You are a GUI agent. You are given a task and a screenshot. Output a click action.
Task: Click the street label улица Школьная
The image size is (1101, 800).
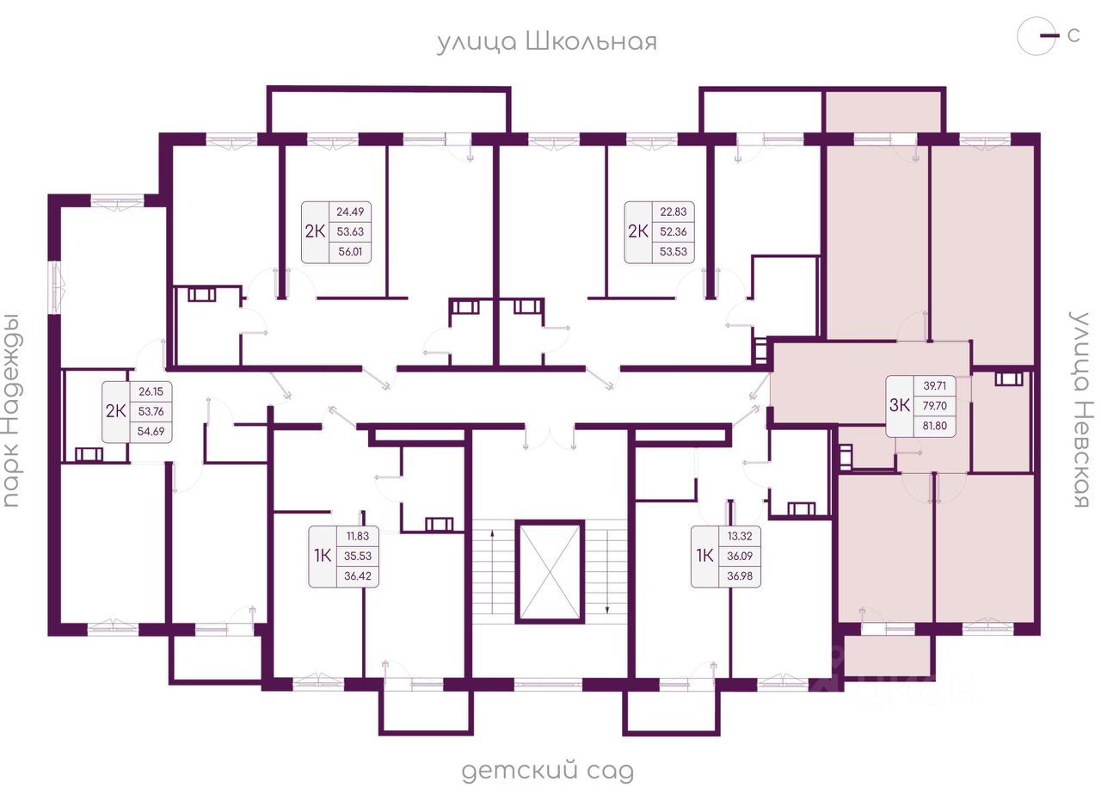(x=546, y=42)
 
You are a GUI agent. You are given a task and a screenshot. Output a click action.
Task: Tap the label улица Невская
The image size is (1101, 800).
(x=1080, y=409)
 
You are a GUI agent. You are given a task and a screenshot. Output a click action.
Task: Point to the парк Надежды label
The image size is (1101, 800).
(x=11, y=409)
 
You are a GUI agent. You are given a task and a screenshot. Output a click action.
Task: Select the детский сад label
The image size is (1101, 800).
(x=547, y=772)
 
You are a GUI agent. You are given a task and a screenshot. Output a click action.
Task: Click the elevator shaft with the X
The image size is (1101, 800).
(x=550, y=571)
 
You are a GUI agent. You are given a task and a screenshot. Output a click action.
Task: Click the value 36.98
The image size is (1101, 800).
(x=739, y=575)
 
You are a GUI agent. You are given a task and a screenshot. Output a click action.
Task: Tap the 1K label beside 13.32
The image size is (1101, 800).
(x=704, y=556)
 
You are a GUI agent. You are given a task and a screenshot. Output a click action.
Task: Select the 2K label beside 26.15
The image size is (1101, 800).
(x=115, y=410)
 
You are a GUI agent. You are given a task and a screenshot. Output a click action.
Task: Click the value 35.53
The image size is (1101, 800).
(x=356, y=557)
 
